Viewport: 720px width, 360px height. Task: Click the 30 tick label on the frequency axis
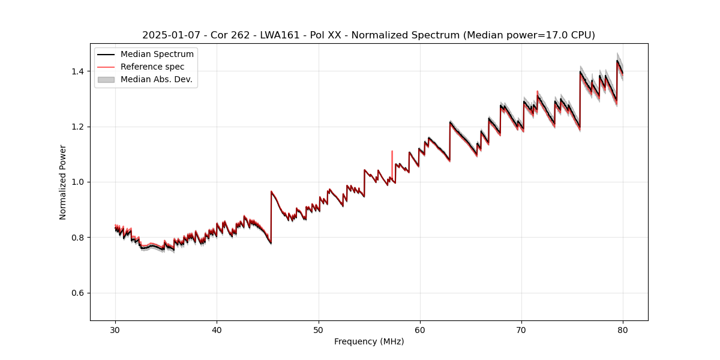coord(115,329)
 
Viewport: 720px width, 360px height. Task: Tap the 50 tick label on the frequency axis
coord(319,329)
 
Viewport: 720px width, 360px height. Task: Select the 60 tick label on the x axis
coord(420,329)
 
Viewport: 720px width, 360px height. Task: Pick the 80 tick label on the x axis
coord(623,329)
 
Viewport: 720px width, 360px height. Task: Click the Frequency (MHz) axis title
coord(369,341)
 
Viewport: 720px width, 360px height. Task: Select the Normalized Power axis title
coord(63,182)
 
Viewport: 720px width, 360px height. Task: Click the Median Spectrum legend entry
coord(157,55)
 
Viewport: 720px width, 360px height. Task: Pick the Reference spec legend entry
coord(152,67)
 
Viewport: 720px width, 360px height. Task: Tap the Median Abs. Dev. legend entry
coord(156,79)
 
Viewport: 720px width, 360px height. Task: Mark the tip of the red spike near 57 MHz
coord(392,151)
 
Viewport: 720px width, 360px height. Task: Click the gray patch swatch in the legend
coord(106,79)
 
